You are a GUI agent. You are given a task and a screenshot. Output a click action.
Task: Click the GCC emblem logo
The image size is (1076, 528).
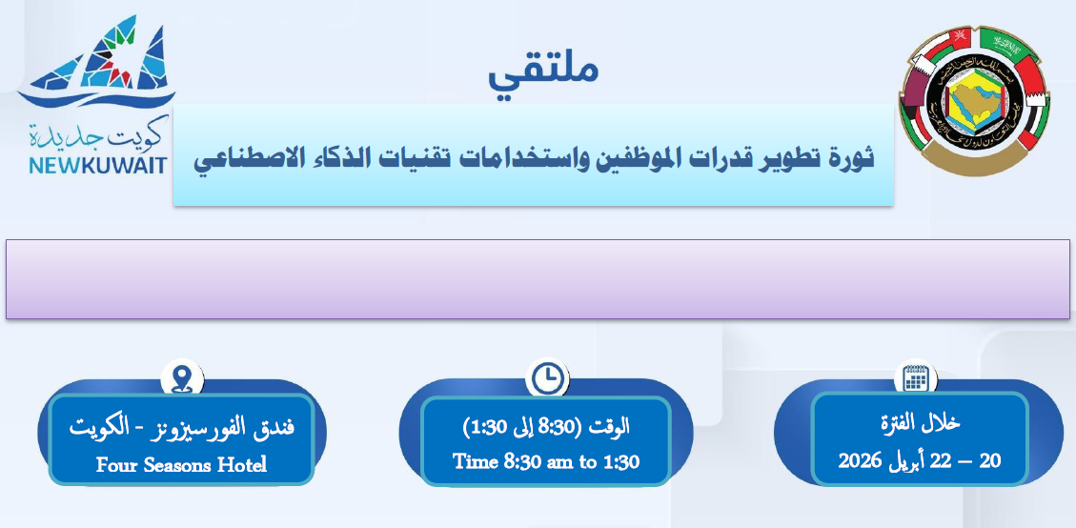(974, 102)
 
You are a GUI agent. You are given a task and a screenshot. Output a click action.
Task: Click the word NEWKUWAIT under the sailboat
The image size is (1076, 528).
(98, 165)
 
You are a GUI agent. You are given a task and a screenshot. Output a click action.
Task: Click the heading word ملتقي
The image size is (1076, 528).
(543, 72)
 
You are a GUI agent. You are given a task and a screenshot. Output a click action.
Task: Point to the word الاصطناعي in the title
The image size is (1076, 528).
(244, 158)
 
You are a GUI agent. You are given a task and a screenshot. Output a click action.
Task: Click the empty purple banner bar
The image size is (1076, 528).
(538, 278)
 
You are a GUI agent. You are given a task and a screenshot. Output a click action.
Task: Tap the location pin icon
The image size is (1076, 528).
(182, 377)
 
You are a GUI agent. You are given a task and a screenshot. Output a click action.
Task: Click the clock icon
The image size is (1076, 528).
(548, 377)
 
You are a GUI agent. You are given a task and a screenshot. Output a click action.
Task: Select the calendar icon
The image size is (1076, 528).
(916, 377)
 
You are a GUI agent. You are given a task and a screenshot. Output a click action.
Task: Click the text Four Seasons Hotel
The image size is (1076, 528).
(181, 465)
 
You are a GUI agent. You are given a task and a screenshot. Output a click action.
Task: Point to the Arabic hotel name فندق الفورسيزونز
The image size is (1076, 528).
(228, 427)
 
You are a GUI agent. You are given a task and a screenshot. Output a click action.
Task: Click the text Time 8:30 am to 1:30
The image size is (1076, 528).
(546, 461)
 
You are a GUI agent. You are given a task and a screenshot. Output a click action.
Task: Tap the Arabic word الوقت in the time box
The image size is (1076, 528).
(610, 427)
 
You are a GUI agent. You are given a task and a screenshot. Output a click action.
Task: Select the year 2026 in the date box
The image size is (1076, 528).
(860, 460)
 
